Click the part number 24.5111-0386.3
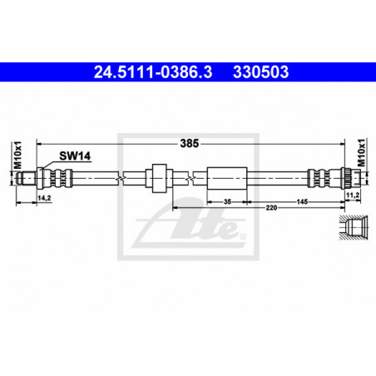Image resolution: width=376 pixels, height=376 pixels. click(x=153, y=72)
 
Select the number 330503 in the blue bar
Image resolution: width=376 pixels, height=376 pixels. click(x=260, y=72)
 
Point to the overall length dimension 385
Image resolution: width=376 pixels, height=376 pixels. click(x=190, y=143)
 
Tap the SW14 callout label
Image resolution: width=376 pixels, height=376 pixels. click(x=75, y=156)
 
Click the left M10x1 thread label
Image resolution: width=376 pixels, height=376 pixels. click(x=17, y=155)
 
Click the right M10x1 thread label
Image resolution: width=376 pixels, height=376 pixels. click(x=361, y=153)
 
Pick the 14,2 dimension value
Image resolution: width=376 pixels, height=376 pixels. click(x=44, y=198)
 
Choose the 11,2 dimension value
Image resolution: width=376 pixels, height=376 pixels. click(x=353, y=195)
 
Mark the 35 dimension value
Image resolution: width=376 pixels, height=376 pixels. click(x=227, y=201)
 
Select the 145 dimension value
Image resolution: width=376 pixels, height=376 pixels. click(x=302, y=201)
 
